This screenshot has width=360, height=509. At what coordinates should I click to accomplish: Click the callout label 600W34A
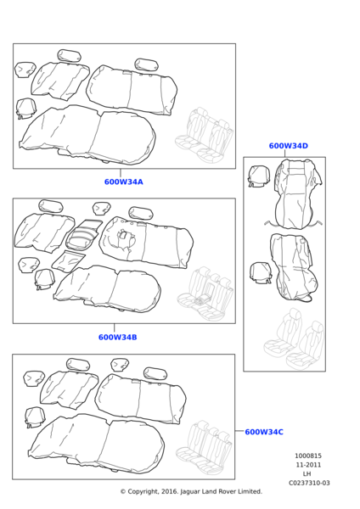123,182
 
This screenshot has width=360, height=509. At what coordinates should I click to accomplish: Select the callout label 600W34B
118,338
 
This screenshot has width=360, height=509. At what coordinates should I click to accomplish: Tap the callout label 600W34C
264,432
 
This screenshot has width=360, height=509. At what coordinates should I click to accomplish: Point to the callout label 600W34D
288,146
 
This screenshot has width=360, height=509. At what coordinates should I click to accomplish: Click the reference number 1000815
308,456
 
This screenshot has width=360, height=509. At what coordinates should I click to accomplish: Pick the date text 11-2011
308,465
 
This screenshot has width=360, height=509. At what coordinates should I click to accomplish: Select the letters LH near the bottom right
307,474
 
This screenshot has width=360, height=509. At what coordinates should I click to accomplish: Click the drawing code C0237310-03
309,483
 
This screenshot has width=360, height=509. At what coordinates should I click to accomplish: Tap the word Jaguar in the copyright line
189,492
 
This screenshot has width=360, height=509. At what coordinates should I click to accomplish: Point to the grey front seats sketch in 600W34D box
294,339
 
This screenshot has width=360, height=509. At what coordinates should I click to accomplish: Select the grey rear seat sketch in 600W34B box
205,294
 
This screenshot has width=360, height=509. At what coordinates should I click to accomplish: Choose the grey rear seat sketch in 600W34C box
204,448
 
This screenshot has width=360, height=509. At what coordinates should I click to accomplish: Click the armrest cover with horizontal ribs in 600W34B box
83,234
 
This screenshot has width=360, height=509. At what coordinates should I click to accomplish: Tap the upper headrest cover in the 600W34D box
258,176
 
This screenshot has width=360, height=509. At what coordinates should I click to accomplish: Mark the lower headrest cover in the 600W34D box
261,273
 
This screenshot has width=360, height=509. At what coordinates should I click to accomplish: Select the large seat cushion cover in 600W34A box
87,135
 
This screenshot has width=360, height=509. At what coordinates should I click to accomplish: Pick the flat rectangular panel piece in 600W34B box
69,260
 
